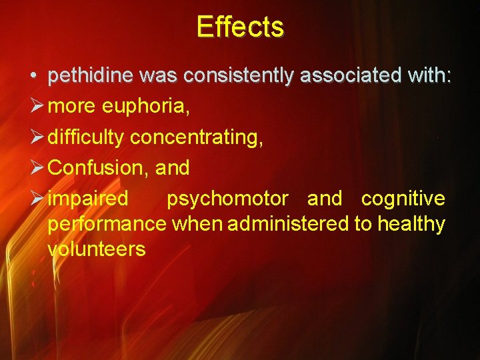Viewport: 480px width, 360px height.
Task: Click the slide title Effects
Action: click(x=240, y=27)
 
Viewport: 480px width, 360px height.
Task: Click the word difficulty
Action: click(x=87, y=138)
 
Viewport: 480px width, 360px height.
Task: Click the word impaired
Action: click(x=88, y=199)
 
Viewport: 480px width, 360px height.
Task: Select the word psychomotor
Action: click(x=227, y=199)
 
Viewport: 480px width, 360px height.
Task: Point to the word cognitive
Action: click(x=403, y=199)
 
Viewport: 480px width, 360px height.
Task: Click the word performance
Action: click(x=107, y=224)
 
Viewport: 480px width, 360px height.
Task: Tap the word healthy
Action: click(x=411, y=224)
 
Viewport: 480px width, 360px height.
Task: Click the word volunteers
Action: click(x=97, y=249)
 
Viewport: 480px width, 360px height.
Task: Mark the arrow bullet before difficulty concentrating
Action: click(x=37, y=137)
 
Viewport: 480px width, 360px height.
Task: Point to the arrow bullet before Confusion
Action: click(x=37, y=167)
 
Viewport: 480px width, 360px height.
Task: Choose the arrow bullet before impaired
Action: click(x=37, y=198)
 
